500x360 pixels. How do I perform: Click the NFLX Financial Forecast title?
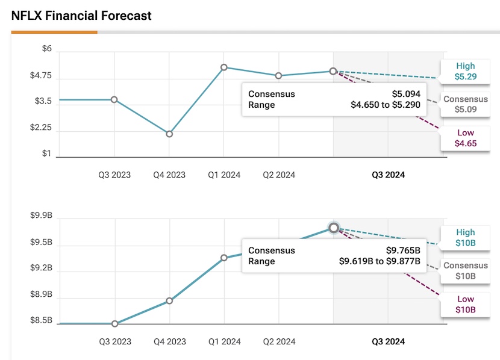[x=81, y=16]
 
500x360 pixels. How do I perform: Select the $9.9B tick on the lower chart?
[x=42, y=216]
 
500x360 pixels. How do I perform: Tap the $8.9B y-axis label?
[x=42, y=294]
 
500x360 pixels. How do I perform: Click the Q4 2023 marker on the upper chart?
[x=169, y=134]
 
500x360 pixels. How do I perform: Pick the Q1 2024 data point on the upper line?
[x=224, y=67]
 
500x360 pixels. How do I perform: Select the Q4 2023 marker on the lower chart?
[x=169, y=300]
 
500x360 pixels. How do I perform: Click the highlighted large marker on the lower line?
[x=334, y=228]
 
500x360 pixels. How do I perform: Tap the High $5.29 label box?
[x=465, y=72]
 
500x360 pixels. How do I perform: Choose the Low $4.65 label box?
[x=465, y=138]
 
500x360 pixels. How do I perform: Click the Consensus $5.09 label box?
[x=465, y=104]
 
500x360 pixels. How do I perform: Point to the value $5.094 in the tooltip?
[x=406, y=94]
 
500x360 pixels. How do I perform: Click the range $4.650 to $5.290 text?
[x=386, y=105]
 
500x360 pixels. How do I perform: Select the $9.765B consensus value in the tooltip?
[x=403, y=250]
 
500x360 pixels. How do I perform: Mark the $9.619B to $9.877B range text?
[x=380, y=261]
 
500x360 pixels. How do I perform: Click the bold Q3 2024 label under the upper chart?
[x=388, y=175]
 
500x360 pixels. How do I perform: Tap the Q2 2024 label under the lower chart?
[x=279, y=341]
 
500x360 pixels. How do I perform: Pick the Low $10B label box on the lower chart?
[x=465, y=305]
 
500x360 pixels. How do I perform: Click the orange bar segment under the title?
[x=54, y=32]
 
